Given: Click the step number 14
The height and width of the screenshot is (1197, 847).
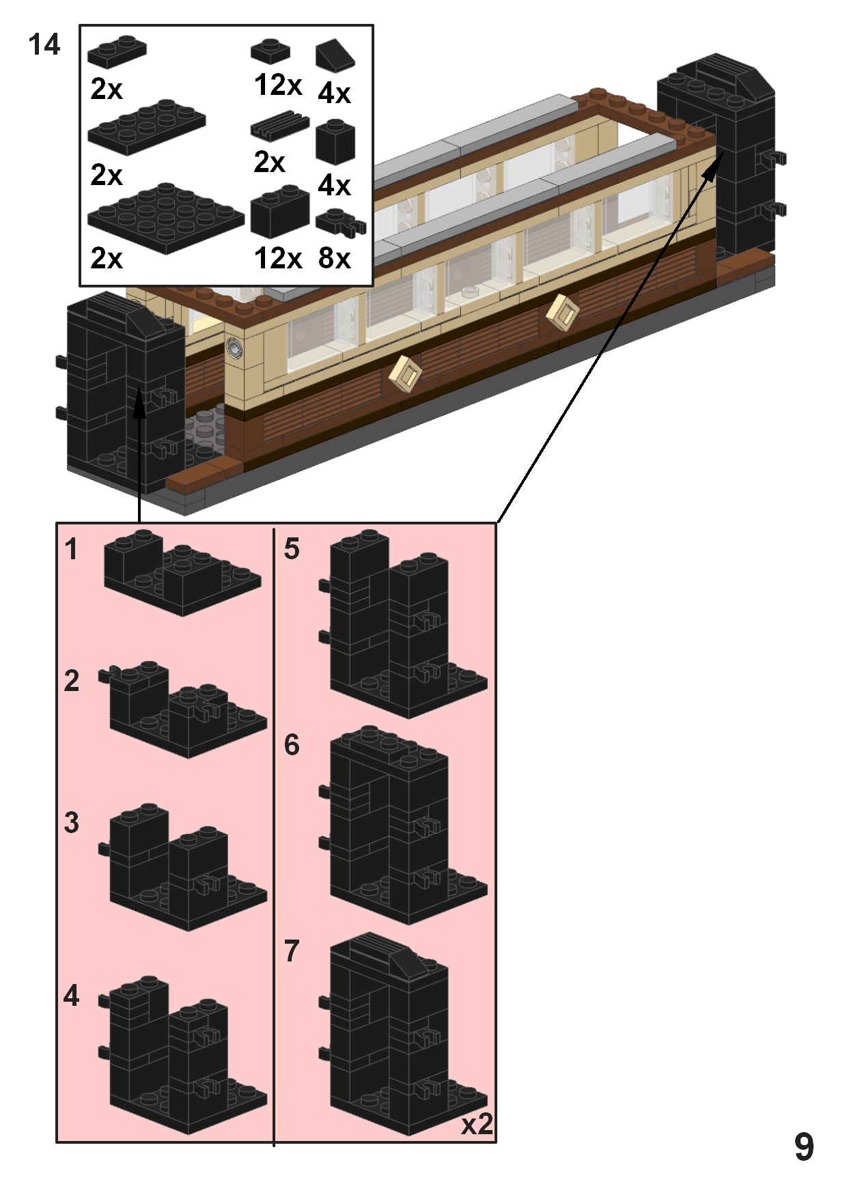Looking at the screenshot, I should [44, 45].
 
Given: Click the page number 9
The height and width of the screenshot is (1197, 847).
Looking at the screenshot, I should [804, 1146].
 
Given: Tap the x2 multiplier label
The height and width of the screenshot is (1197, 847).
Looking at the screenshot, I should [477, 1124].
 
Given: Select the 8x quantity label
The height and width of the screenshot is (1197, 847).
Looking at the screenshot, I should [334, 258].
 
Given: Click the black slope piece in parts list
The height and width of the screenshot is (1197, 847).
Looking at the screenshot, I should [335, 55].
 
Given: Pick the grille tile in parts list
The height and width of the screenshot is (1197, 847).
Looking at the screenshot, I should [279, 126].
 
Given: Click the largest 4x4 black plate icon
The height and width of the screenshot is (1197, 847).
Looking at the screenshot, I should [165, 216].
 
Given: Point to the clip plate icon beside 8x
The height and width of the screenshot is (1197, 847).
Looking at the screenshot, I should [340, 222].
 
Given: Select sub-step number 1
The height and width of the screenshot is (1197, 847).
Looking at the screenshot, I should [71, 549].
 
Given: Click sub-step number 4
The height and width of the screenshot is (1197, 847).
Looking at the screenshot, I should [71, 996].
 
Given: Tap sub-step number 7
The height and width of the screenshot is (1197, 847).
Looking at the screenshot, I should [292, 950].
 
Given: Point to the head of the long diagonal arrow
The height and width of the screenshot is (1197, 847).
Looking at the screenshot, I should [714, 167].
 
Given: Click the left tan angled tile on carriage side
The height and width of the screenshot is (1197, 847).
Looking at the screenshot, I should [406, 374].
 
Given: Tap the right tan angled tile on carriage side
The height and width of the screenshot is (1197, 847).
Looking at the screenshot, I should [563, 313].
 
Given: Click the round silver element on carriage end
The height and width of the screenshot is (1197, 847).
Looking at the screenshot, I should [234, 348].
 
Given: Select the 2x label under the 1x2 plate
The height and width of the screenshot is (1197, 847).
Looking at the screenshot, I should [106, 89].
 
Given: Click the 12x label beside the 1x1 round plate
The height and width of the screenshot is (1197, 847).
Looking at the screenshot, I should [277, 85].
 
